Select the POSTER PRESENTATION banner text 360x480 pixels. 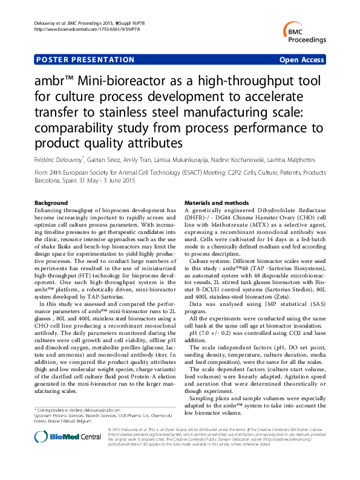coord(86,60)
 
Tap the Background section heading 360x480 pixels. coord(51,202)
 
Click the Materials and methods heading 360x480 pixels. coord(216,202)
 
